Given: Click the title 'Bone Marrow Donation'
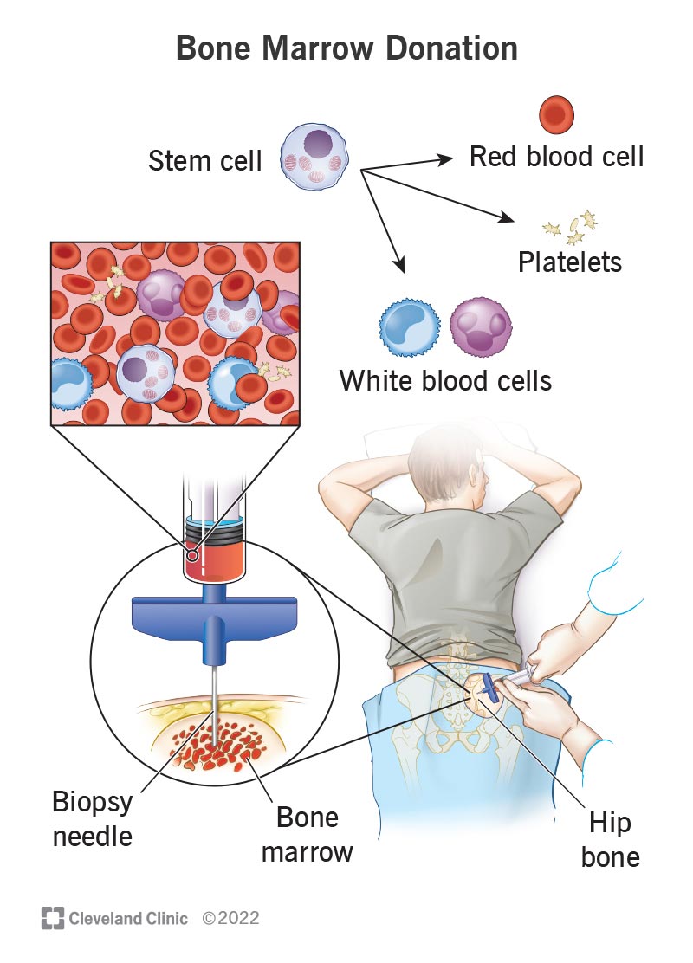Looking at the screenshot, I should (346, 48).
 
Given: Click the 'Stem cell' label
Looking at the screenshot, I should (205, 161).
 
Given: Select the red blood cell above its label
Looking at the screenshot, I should (557, 113).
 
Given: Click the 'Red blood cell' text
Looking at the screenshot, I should (556, 157).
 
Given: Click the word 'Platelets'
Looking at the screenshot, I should (570, 262).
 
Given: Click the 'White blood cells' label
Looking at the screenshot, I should (445, 380).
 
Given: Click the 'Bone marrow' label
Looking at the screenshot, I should (308, 835).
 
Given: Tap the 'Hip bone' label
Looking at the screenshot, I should (611, 840).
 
